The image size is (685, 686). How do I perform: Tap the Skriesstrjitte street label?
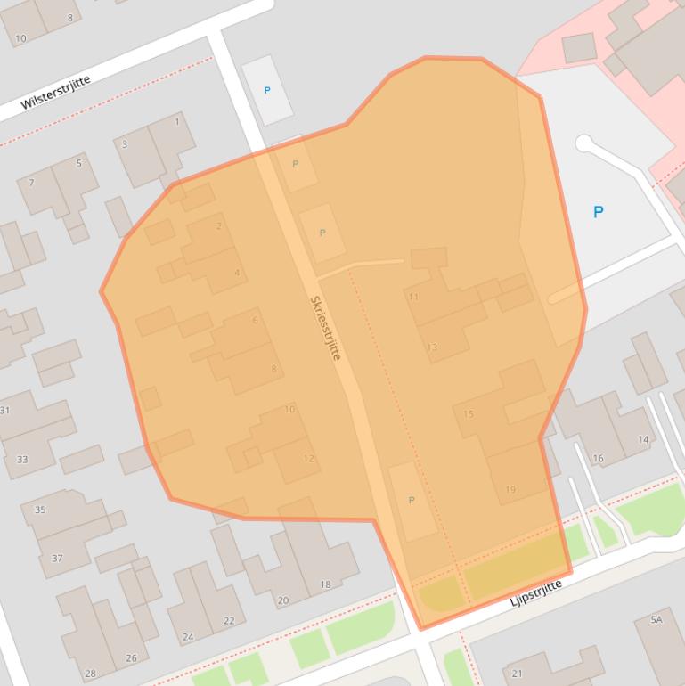point(325,328)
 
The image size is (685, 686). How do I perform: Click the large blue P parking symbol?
point(598,212)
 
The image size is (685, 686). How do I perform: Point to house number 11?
point(412,297)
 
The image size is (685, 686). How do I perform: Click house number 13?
point(432,347)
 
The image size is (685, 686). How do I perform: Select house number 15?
point(469,414)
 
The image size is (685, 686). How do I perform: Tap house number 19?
point(510,489)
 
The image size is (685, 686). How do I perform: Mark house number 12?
point(308,459)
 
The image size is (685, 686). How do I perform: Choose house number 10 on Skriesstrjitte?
point(289,410)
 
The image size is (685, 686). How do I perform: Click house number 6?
point(255,321)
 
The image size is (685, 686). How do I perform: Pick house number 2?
point(219,226)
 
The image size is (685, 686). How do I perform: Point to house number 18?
point(325,584)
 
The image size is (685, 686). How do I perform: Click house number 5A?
point(656,619)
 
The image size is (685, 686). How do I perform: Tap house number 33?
point(22,460)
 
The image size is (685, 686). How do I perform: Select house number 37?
point(57,559)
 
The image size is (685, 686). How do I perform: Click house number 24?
point(188,637)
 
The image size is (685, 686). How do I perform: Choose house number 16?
point(598,459)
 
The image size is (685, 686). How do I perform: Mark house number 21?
point(517,674)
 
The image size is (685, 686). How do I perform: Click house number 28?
point(90,674)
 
